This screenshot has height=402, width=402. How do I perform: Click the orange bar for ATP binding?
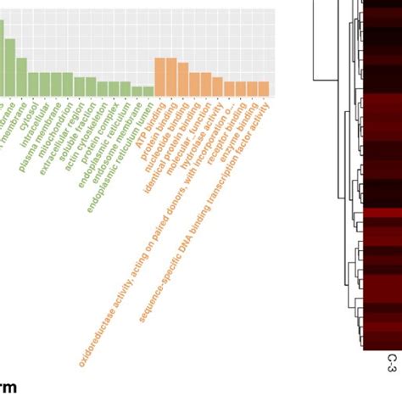click(159, 77)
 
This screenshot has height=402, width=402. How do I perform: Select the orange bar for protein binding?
click(171, 77)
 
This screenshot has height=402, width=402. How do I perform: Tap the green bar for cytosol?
click(22, 77)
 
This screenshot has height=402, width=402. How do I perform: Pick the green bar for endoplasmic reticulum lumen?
click(148, 91)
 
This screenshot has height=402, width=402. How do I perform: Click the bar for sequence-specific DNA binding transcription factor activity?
click(263, 89)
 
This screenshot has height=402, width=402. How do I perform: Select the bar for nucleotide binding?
click(182, 80)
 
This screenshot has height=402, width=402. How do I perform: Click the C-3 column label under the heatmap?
click(392, 363)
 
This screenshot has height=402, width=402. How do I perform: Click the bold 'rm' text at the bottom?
click(8, 388)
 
